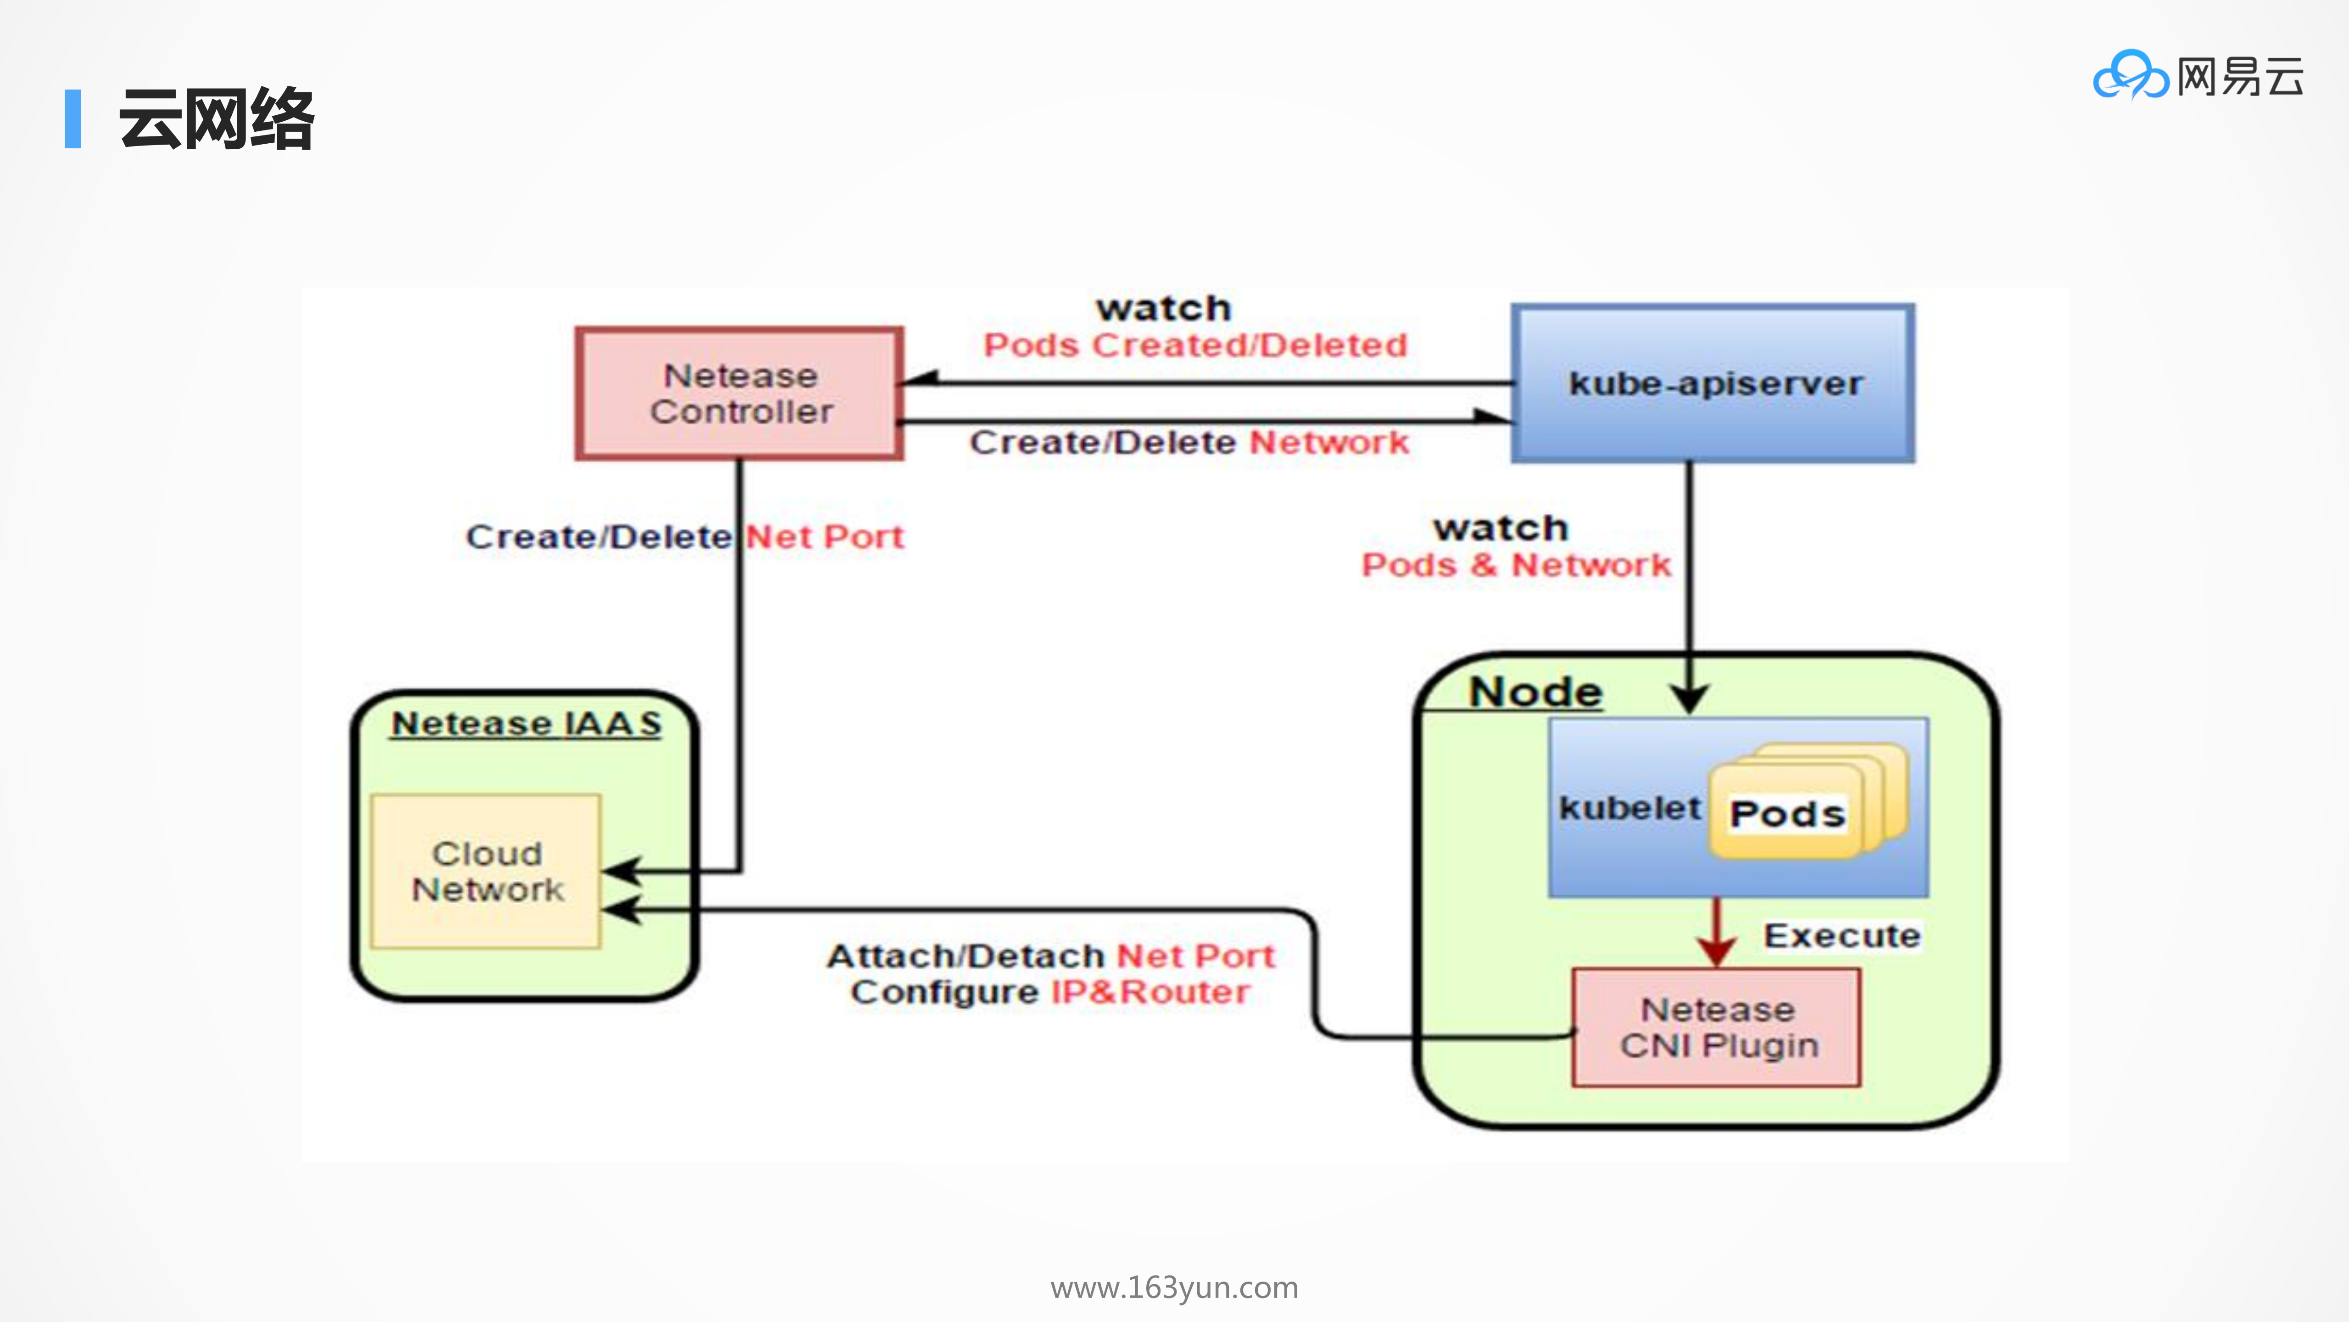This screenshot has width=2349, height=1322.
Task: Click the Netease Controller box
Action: tap(740, 393)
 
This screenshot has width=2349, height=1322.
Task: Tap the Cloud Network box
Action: tap(486, 871)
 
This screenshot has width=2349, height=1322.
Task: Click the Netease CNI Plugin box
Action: tap(1716, 1027)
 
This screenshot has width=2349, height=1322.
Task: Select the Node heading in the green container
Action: tap(1535, 692)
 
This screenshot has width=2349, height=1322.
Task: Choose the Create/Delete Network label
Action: tap(1188, 443)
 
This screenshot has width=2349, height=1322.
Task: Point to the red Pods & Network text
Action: tap(1516, 566)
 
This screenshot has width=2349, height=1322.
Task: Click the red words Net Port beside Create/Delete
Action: tap(824, 536)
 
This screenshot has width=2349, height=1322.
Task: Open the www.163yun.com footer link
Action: tap(1174, 1287)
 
